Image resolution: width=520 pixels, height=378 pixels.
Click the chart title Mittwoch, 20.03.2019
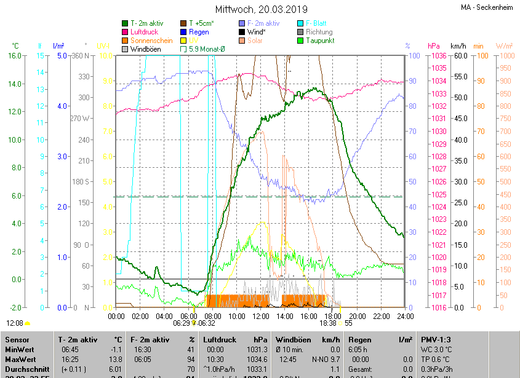click(x=262, y=9)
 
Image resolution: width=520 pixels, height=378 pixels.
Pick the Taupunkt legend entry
click(x=320, y=41)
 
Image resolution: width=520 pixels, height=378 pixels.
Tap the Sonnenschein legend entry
click(x=151, y=41)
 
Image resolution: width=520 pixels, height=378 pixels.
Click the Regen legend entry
click(x=199, y=32)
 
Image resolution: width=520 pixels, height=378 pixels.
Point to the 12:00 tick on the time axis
click(x=261, y=317)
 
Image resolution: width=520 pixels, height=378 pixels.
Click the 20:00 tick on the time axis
click(x=357, y=317)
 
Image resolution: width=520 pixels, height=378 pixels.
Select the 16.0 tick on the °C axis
click(x=14, y=56)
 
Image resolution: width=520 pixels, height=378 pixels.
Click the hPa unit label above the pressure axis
click(x=433, y=46)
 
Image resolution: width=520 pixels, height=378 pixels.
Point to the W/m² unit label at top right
click(x=504, y=46)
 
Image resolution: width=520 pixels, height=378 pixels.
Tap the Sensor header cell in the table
click(x=17, y=339)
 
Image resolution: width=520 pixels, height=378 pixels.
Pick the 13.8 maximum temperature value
click(x=115, y=359)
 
